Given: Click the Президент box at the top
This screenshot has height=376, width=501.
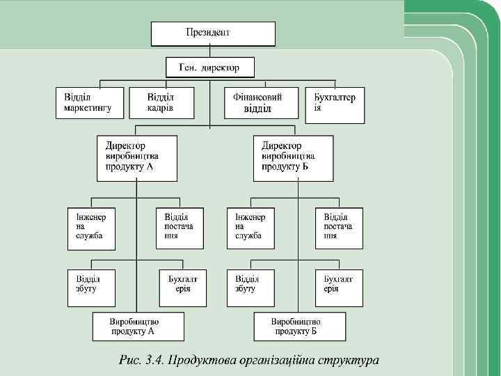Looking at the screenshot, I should [x=214, y=33].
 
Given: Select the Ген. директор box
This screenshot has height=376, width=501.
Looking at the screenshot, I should [x=210, y=68].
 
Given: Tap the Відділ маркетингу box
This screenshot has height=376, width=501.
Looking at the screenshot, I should [x=90, y=102].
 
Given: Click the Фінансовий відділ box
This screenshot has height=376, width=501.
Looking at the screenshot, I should [x=262, y=103].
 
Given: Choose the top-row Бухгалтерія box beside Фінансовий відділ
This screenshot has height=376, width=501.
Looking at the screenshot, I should [x=335, y=104].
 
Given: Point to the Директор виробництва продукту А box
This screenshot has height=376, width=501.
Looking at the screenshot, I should [x=136, y=158].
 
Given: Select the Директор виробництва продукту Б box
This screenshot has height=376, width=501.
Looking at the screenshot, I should [x=293, y=158].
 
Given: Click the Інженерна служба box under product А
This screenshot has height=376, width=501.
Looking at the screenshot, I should [x=92, y=227].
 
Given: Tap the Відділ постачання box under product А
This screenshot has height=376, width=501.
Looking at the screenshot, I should [x=180, y=227].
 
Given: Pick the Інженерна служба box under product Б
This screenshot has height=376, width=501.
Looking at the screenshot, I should [x=250, y=227].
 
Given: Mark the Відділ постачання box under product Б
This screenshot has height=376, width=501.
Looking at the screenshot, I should [x=339, y=227].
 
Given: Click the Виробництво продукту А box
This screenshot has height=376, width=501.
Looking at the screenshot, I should [x=138, y=327].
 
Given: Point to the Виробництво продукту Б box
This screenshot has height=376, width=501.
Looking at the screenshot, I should [x=299, y=327].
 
